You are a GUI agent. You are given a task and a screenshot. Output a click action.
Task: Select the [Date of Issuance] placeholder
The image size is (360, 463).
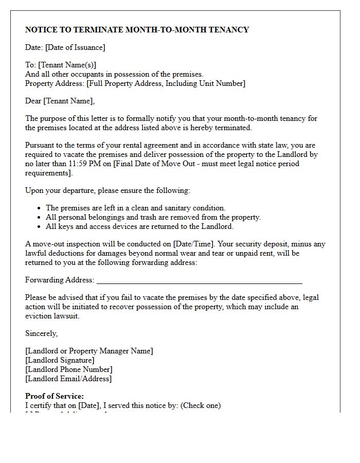coord(75,47)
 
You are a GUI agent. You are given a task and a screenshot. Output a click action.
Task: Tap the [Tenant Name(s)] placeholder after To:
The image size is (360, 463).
coord(67,65)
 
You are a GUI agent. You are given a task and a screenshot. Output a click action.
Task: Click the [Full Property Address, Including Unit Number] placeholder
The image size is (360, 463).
coord(161,83)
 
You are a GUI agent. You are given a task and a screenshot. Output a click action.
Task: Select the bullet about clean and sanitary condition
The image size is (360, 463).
coord(136,208)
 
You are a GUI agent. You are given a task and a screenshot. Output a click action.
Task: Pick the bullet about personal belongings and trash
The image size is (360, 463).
coord(153,217)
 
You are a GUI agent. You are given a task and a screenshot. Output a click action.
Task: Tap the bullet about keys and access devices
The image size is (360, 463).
coord(139,226)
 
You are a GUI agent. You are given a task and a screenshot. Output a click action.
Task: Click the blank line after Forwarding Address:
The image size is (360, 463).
coord(199,280)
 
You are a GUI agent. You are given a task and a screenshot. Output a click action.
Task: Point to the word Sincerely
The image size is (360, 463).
coord(41,333)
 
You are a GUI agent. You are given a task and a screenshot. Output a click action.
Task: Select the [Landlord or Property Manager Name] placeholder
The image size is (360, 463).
coord(89,351)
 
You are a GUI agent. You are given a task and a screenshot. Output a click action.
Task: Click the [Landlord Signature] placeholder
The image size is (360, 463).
coord(60,360)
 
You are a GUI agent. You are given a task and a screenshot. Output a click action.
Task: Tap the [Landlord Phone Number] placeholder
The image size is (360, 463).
coord(69,369)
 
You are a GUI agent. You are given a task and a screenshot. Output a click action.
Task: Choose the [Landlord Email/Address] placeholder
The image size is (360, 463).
coord(68,379)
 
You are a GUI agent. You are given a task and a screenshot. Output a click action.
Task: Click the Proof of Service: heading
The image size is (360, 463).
coord(55,396)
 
